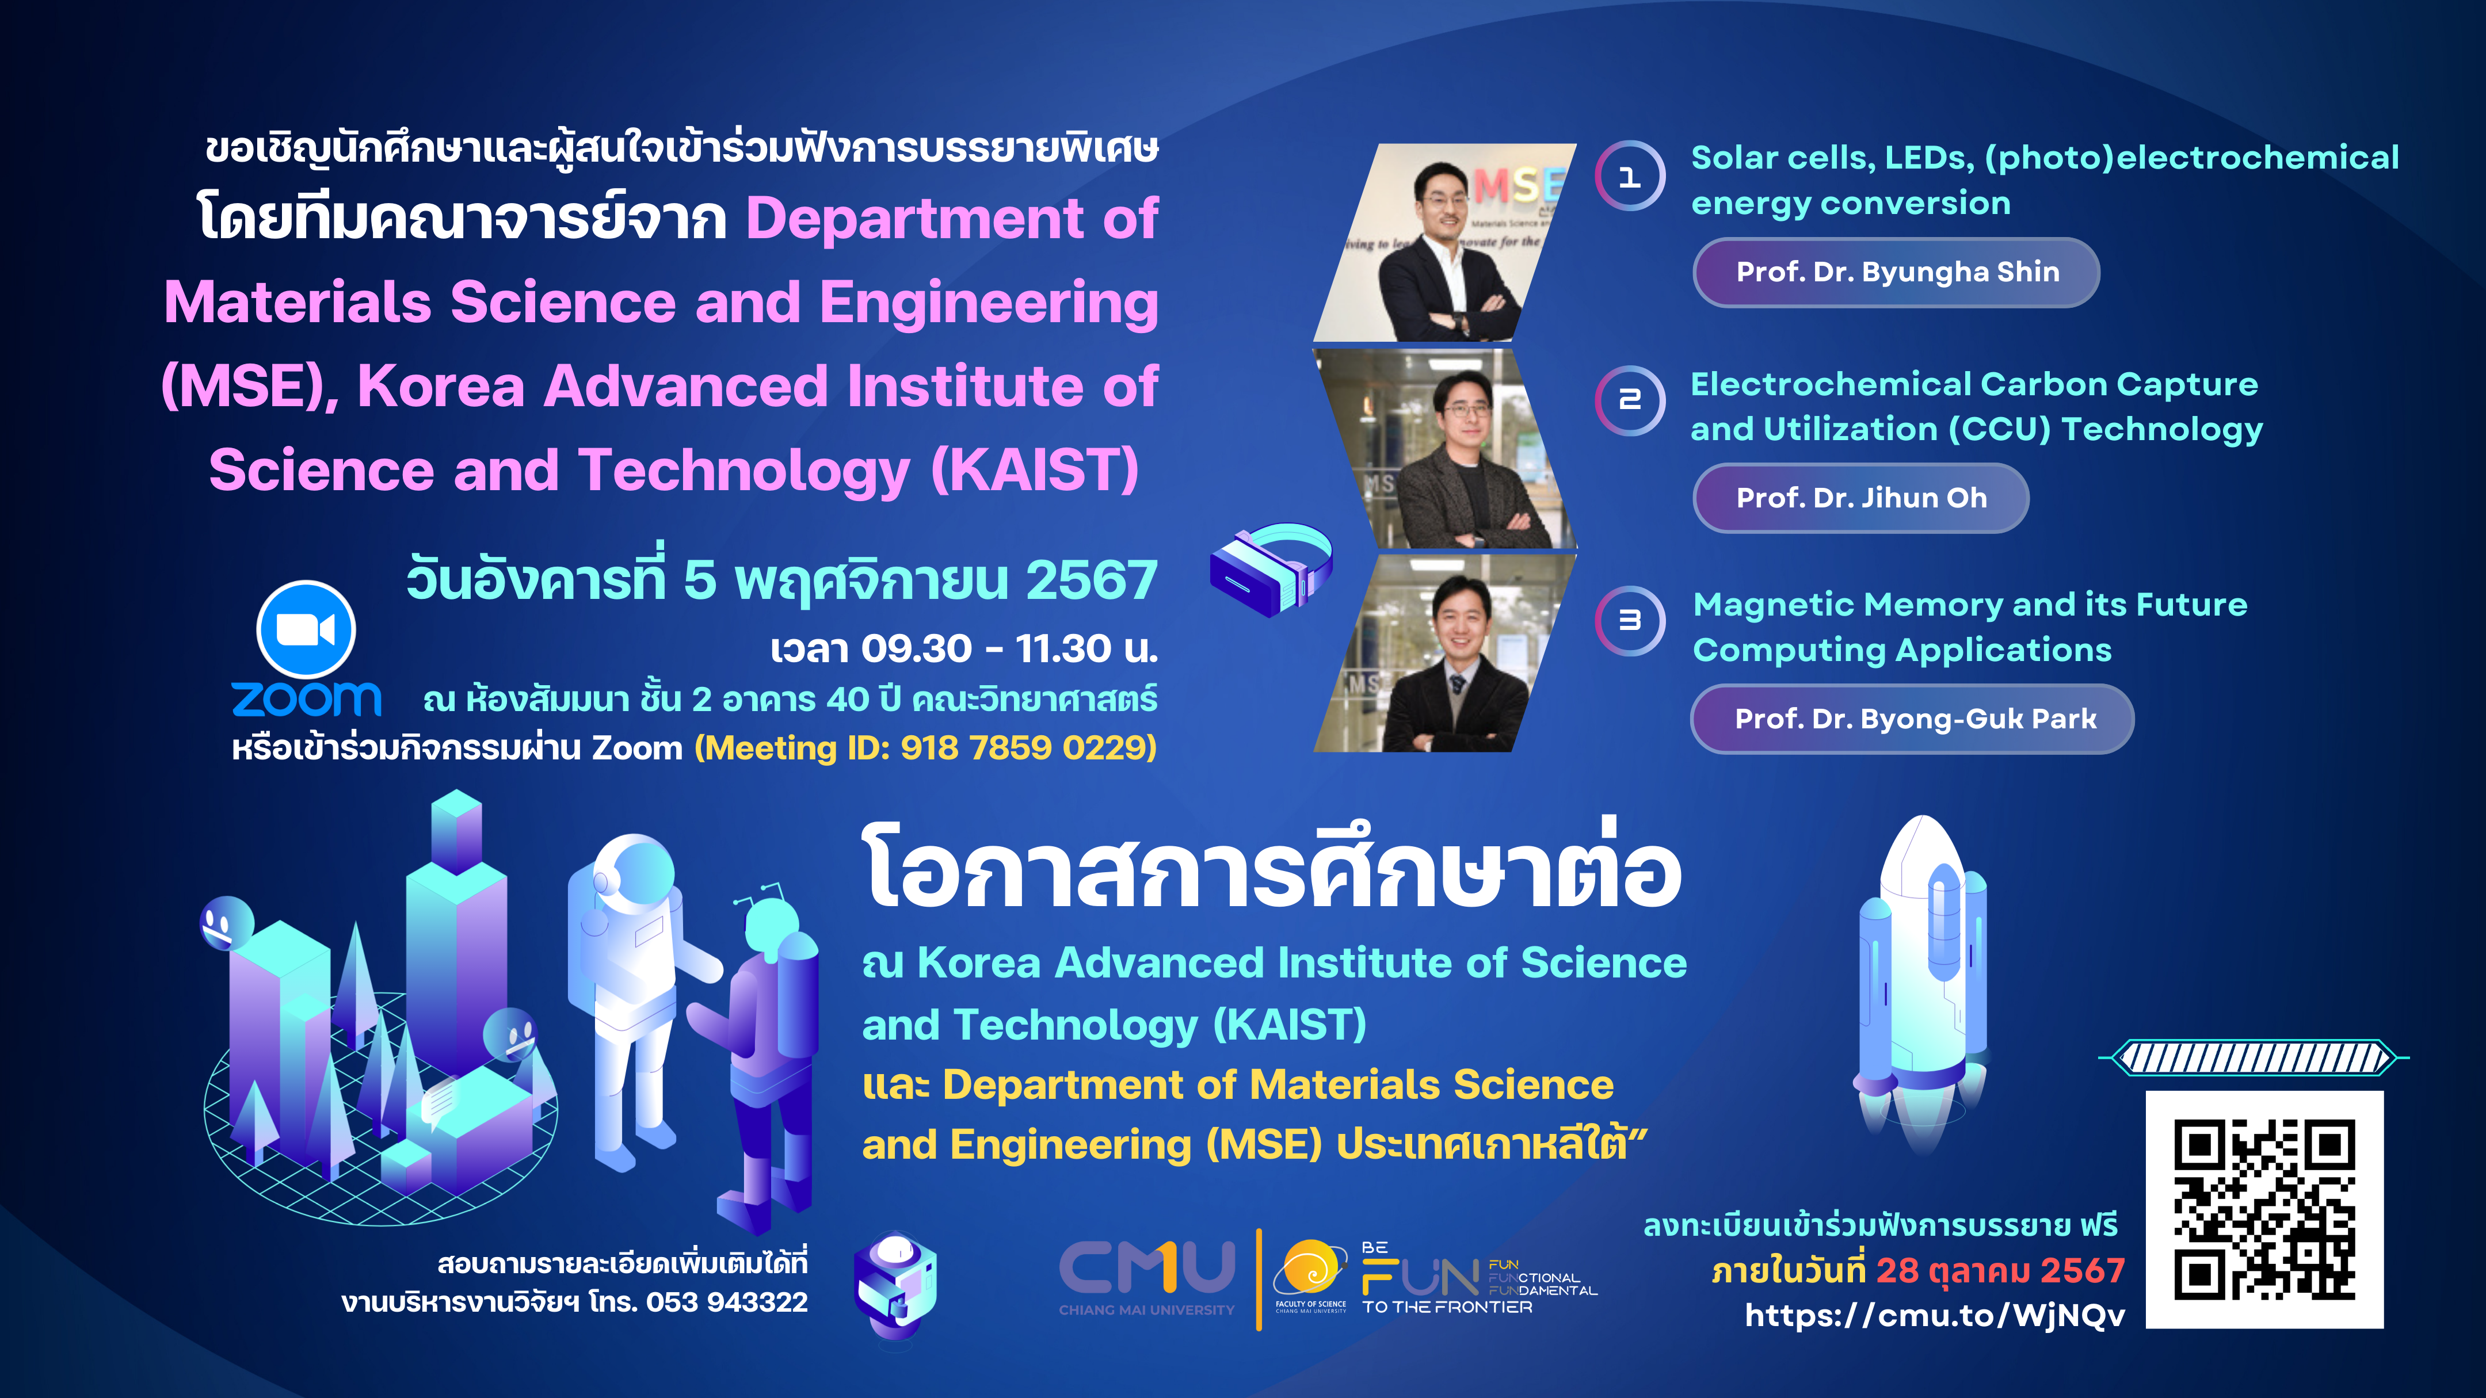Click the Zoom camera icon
pyautogui.click(x=306, y=629)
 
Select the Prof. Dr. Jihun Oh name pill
pyautogui.click(x=1860, y=498)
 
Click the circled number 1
pyautogui.click(x=1630, y=177)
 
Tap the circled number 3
pyautogui.click(x=1630, y=620)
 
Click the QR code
pyautogui.click(x=2264, y=1210)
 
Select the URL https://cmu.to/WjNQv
pyautogui.click(x=1935, y=1315)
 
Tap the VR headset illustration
pyautogui.click(x=1271, y=568)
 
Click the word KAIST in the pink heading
pyautogui.click(x=1035, y=470)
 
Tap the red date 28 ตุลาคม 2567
pyautogui.click(x=2000, y=1271)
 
